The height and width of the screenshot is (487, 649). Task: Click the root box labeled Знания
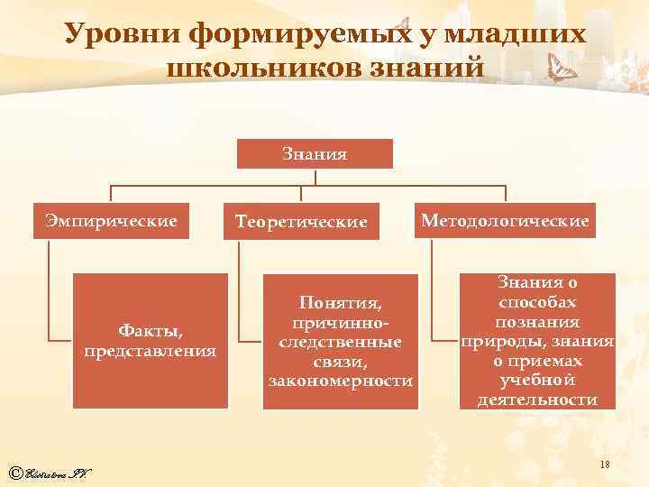click(x=315, y=153)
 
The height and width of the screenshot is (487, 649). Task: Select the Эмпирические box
click(x=112, y=220)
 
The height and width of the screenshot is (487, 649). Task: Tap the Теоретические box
click(x=301, y=221)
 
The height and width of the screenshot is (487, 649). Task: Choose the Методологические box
click(x=504, y=219)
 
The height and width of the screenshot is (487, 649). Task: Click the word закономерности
click(x=341, y=381)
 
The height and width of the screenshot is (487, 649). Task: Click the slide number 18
click(x=606, y=463)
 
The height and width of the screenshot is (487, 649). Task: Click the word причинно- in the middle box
click(x=341, y=322)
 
